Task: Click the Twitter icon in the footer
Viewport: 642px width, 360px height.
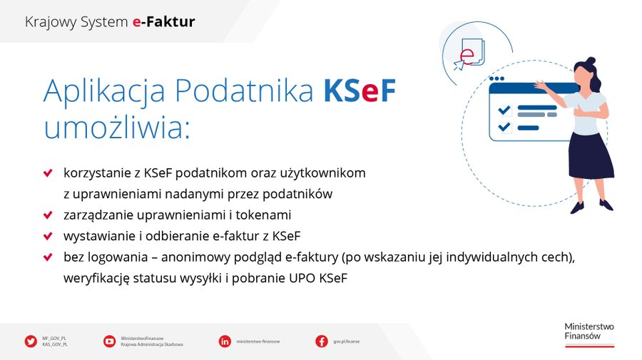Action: click(31, 341)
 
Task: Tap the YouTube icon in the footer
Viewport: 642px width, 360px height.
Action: click(109, 341)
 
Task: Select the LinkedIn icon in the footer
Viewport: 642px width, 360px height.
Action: click(225, 341)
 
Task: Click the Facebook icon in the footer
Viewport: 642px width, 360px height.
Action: click(322, 341)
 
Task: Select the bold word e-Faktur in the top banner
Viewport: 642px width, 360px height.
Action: click(163, 22)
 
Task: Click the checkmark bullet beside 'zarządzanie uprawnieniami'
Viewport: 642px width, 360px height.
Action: click(48, 215)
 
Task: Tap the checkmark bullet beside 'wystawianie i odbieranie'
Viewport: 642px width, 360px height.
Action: click(48, 235)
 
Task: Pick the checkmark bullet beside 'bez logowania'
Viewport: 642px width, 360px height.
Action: click(48, 256)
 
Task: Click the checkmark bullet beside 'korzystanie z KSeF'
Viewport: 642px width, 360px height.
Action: click(48, 173)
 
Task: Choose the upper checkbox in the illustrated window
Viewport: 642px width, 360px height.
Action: click(504, 110)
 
